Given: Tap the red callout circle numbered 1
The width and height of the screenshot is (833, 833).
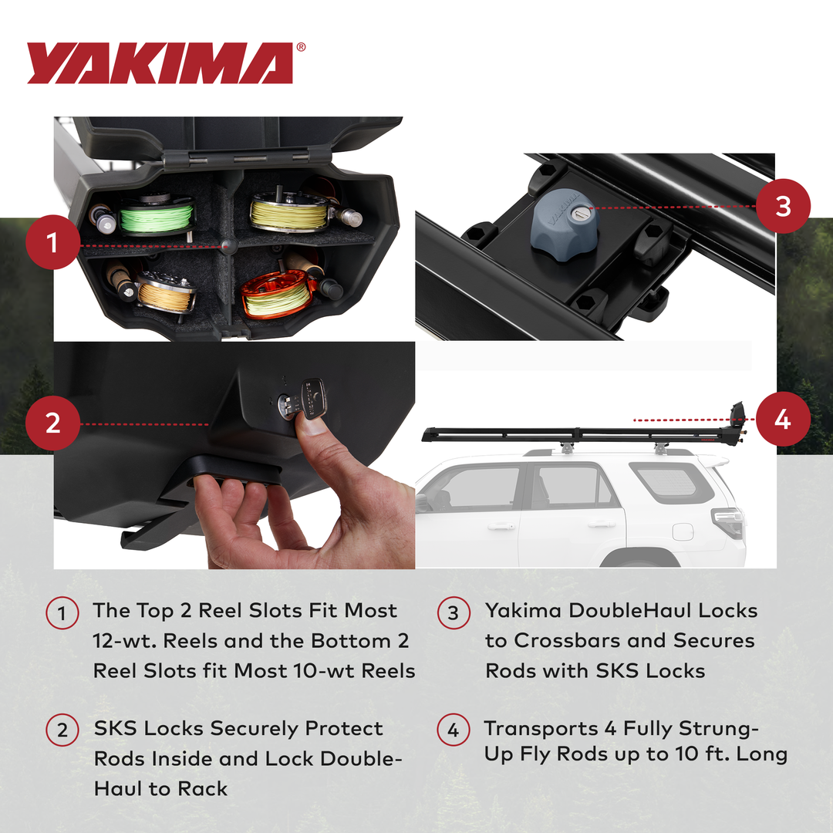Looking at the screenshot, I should click(x=52, y=245).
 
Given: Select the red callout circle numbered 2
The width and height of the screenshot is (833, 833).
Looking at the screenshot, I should click(x=52, y=423).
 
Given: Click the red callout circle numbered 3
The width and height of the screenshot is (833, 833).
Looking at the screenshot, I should click(x=782, y=206).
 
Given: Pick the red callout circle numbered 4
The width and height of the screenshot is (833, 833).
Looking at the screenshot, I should click(x=782, y=420).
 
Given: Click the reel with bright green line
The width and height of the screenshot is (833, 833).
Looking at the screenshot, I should click(x=157, y=217).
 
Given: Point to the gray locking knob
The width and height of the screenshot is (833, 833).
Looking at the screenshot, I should click(x=564, y=220).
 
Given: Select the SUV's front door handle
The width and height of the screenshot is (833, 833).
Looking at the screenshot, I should click(x=501, y=526).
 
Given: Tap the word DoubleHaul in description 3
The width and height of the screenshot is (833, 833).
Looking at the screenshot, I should click(x=629, y=611).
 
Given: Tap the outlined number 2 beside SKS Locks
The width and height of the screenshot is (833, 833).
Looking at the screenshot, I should click(x=62, y=730).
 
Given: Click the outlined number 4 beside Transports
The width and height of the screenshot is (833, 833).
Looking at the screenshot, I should click(x=453, y=730).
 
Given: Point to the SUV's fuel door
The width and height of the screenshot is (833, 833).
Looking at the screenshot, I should click(x=683, y=531).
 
